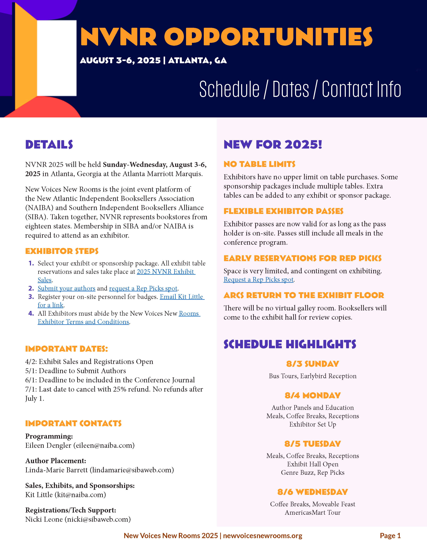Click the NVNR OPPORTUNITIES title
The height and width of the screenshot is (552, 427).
[226, 37]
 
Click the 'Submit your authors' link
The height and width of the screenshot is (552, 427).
[66, 288]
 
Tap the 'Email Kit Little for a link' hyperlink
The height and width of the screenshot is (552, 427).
[182, 297]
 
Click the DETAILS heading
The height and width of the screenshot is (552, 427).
[49, 145]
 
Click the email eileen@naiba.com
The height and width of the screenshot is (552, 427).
[104, 445]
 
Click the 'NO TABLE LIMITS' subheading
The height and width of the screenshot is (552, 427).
[259, 164]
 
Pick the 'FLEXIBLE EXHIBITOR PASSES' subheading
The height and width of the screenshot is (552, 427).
[283, 211]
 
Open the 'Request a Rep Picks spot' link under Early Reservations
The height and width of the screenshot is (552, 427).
[259, 280]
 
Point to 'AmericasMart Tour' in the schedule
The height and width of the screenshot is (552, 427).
[313, 512]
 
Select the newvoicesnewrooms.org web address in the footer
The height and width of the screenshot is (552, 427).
[263, 536]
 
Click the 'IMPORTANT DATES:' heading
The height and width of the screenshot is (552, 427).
[66, 349]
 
